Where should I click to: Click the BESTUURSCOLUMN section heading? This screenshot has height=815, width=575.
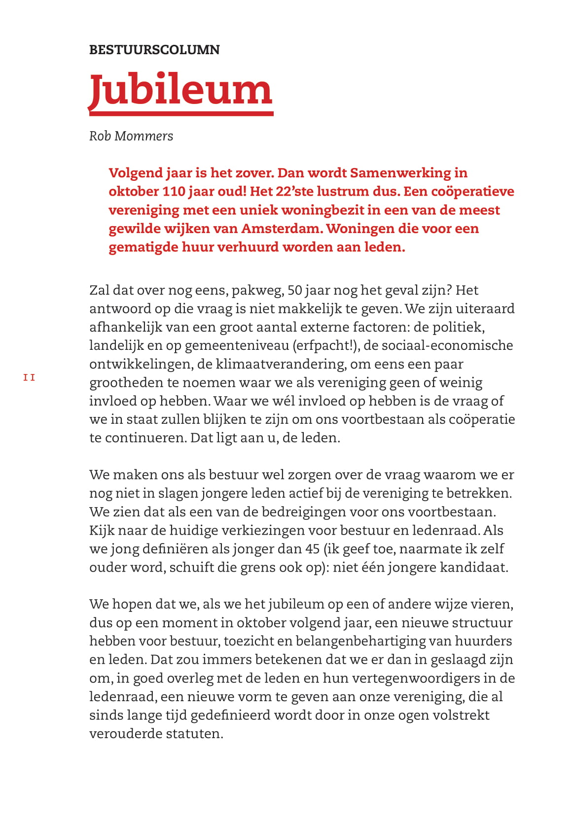point(154,50)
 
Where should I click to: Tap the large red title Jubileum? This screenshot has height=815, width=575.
point(180,90)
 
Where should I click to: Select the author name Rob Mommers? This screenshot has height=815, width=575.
point(131,136)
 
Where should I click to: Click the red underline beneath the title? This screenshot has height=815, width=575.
point(181,114)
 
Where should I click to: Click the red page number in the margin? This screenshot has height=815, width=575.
point(29,378)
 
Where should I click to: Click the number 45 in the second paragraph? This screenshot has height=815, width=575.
point(312,549)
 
